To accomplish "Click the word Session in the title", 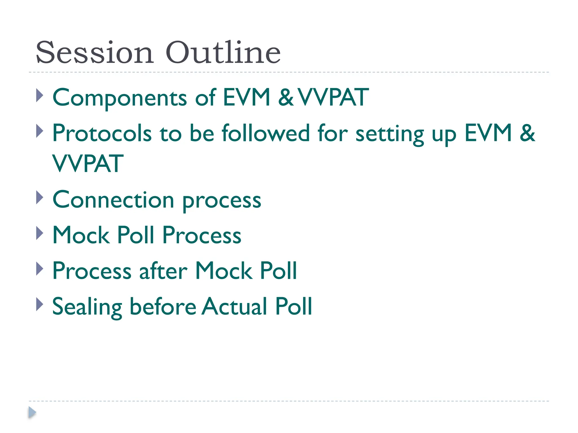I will point(95,53).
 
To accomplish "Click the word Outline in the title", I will point(223,53).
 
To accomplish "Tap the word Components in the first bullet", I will point(120,98).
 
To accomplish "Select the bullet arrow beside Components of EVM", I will point(40,96).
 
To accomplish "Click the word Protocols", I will point(102,133).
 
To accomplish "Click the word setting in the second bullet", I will point(390,134).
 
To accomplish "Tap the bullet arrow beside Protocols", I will point(40,131).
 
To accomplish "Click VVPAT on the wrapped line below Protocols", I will point(88,164).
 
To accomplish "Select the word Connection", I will point(113,200).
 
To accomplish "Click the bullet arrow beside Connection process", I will point(40,198).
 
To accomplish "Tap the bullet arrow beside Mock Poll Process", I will point(40,233).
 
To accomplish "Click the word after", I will point(163,271).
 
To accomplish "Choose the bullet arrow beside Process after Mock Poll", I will point(40,269).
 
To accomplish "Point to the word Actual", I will point(234,306).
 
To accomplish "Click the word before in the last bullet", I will point(163,306).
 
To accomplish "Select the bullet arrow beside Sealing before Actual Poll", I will point(40,304).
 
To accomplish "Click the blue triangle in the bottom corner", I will point(32,412).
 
